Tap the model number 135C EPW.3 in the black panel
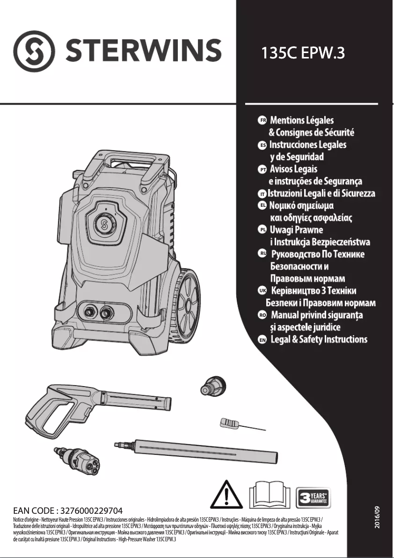coord(301,53)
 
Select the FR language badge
coord(262,120)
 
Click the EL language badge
coord(262,205)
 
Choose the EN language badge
coord(262,339)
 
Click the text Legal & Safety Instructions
coord(319,339)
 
